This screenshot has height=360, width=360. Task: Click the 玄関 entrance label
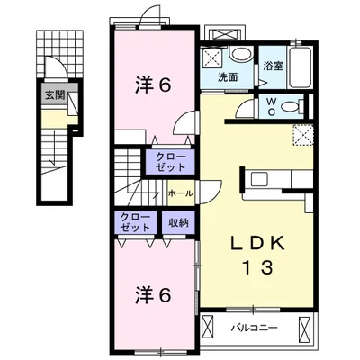[55, 95]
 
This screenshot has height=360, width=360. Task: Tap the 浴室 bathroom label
[274, 66]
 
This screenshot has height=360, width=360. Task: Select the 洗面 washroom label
[228, 77]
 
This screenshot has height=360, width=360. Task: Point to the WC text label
[272, 106]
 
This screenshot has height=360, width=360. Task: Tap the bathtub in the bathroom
[301, 67]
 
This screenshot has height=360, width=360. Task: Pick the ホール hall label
[180, 193]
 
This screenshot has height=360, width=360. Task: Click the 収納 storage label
[178, 222]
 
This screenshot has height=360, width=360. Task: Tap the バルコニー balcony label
[254, 328]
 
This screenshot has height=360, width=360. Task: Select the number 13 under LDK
[257, 268]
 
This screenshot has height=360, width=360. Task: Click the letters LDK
[257, 243]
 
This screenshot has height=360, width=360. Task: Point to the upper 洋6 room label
[153, 85]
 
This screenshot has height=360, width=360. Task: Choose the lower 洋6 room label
[153, 294]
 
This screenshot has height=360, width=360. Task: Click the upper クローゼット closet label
[171, 162]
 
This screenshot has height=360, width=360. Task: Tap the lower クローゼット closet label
[135, 222]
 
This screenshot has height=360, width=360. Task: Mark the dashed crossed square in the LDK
[303, 135]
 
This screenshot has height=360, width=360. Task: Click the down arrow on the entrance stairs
[54, 148]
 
